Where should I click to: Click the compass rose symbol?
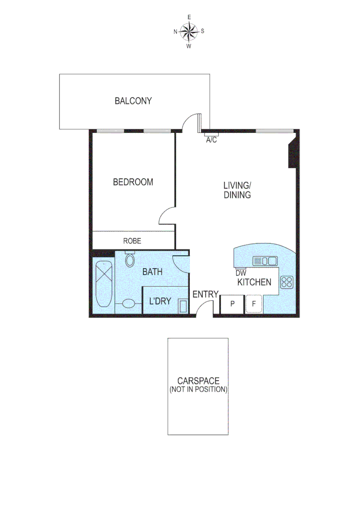tap(189, 32)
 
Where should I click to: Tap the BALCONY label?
tap(133, 101)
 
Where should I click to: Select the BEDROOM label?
tap(133, 182)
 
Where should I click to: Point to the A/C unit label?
tap(211, 140)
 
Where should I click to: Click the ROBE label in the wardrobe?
tap(132, 241)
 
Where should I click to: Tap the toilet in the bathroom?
tap(130, 259)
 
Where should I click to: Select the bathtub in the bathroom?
tap(104, 285)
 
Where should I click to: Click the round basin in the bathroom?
tap(128, 304)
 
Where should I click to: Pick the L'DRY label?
tap(160, 301)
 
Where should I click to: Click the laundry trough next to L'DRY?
tap(183, 306)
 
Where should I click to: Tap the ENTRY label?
tap(205, 295)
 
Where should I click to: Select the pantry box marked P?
tap(232, 304)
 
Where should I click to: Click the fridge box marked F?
tap(254, 304)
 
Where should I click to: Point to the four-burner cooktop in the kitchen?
tap(286, 282)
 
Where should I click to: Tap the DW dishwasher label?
tap(241, 273)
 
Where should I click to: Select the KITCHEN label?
tap(254, 282)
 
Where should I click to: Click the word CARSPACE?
tap(198, 381)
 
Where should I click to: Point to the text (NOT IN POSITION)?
tap(198, 390)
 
